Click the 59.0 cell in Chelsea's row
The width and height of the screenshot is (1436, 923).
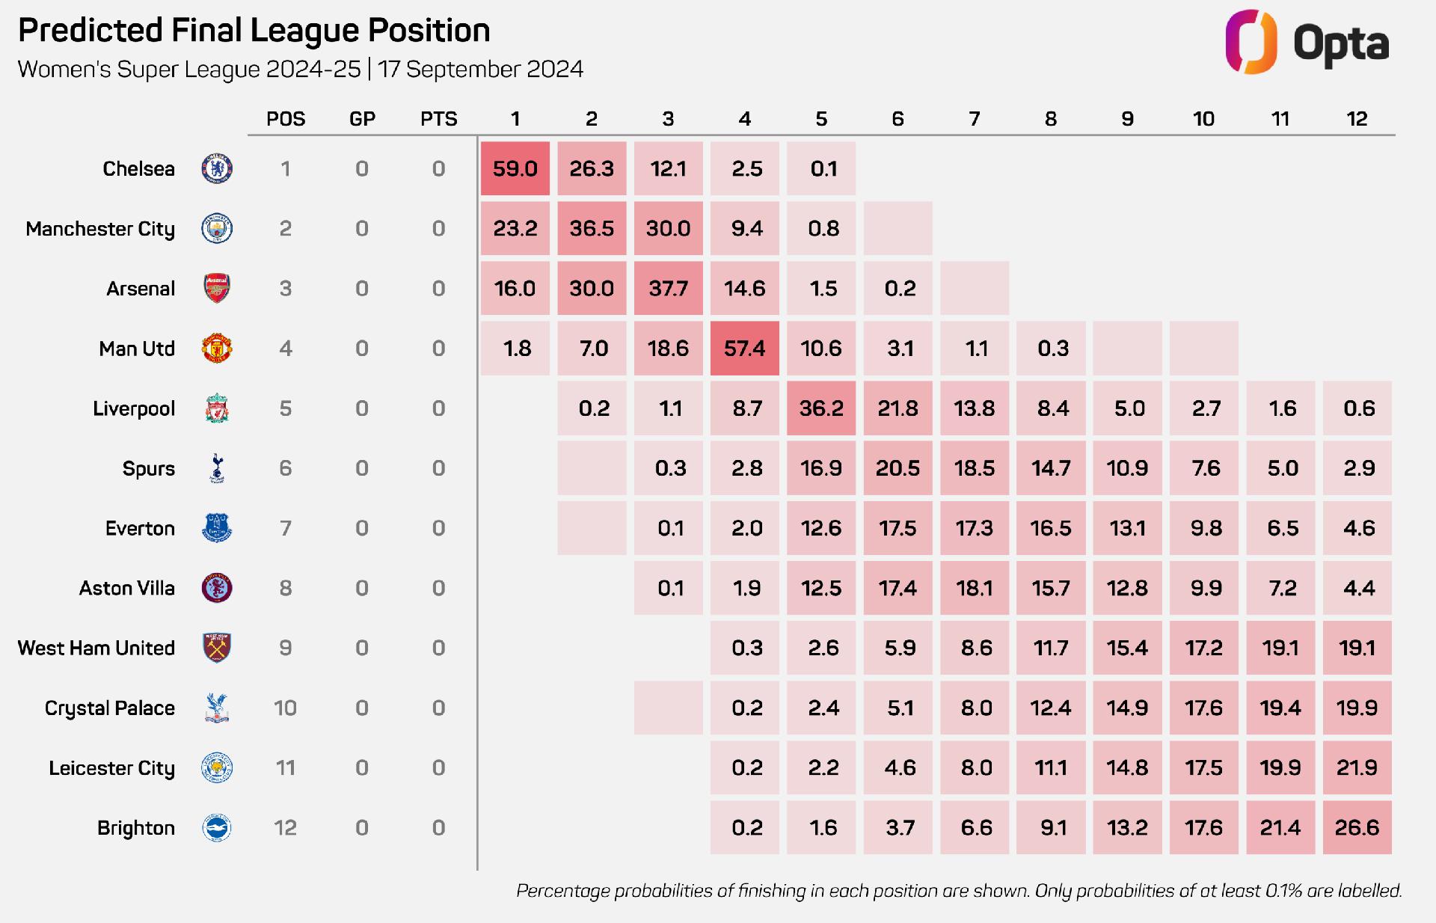pos(515,169)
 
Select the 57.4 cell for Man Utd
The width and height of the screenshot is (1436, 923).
pos(744,349)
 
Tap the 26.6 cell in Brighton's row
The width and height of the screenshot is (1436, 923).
pos(1357,827)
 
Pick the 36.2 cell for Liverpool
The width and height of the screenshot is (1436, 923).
pos(821,408)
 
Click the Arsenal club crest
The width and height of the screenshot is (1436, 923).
pos(217,289)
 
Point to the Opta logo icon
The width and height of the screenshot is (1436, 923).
pos(1251,42)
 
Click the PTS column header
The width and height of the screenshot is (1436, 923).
pos(439,119)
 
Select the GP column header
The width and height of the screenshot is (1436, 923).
pos(362,119)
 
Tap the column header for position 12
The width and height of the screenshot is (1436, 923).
pos(1357,119)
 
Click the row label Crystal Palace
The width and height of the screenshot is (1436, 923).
pos(110,708)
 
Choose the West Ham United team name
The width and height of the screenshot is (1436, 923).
pos(96,648)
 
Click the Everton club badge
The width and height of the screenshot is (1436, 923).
pos(217,528)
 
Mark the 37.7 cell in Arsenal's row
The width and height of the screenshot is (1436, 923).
pos(668,289)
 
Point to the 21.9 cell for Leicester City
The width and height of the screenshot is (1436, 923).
pos(1357,767)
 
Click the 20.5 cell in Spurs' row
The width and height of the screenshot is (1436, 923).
pos(897,468)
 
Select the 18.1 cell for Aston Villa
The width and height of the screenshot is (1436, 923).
pos(974,588)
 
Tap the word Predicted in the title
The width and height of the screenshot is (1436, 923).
pos(90,31)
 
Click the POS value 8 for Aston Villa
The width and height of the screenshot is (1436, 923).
pos(286,588)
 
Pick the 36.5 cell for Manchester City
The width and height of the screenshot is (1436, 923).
pos(592,229)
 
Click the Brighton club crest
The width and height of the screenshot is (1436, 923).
pos(217,828)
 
